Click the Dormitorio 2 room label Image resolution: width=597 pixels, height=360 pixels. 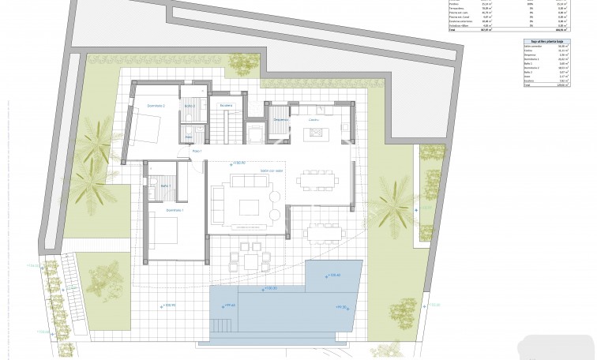[155, 105]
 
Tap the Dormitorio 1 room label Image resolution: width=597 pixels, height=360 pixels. [175, 211]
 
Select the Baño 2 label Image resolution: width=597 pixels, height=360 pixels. [190, 105]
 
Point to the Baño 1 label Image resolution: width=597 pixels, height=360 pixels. [165, 186]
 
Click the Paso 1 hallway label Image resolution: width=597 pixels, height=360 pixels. [197, 150]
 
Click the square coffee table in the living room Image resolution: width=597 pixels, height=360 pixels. [249, 207]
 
